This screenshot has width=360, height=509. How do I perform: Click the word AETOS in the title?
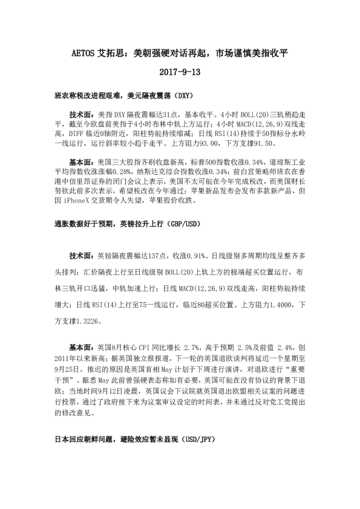click(x=85, y=54)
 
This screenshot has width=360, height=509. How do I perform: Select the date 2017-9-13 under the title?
click(x=180, y=72)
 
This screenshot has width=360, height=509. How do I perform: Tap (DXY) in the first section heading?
click(x=181, y=96)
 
